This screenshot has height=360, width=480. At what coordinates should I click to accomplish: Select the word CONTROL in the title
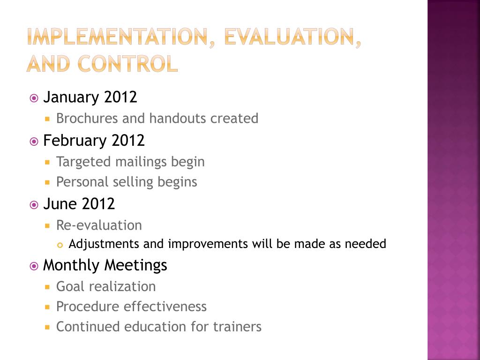point(127,63)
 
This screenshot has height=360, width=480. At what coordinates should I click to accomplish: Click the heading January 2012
point(90,97)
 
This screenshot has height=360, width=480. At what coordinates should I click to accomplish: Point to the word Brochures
point(87,118)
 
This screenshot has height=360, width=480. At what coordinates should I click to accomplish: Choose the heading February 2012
point(94,140)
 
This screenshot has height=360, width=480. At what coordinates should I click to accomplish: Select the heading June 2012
point(79,203)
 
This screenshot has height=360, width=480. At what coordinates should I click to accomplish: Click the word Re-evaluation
point(99,225)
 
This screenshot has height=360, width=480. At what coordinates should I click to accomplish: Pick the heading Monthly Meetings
point(105,265)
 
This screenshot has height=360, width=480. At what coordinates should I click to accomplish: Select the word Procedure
point(88,307)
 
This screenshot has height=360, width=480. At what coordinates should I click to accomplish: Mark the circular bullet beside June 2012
point(34,204)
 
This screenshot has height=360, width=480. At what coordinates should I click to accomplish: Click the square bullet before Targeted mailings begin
point(47,162)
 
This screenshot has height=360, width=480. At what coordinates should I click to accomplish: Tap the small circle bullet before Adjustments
point(60,245)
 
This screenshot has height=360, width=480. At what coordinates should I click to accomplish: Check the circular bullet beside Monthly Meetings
point(34,266)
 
